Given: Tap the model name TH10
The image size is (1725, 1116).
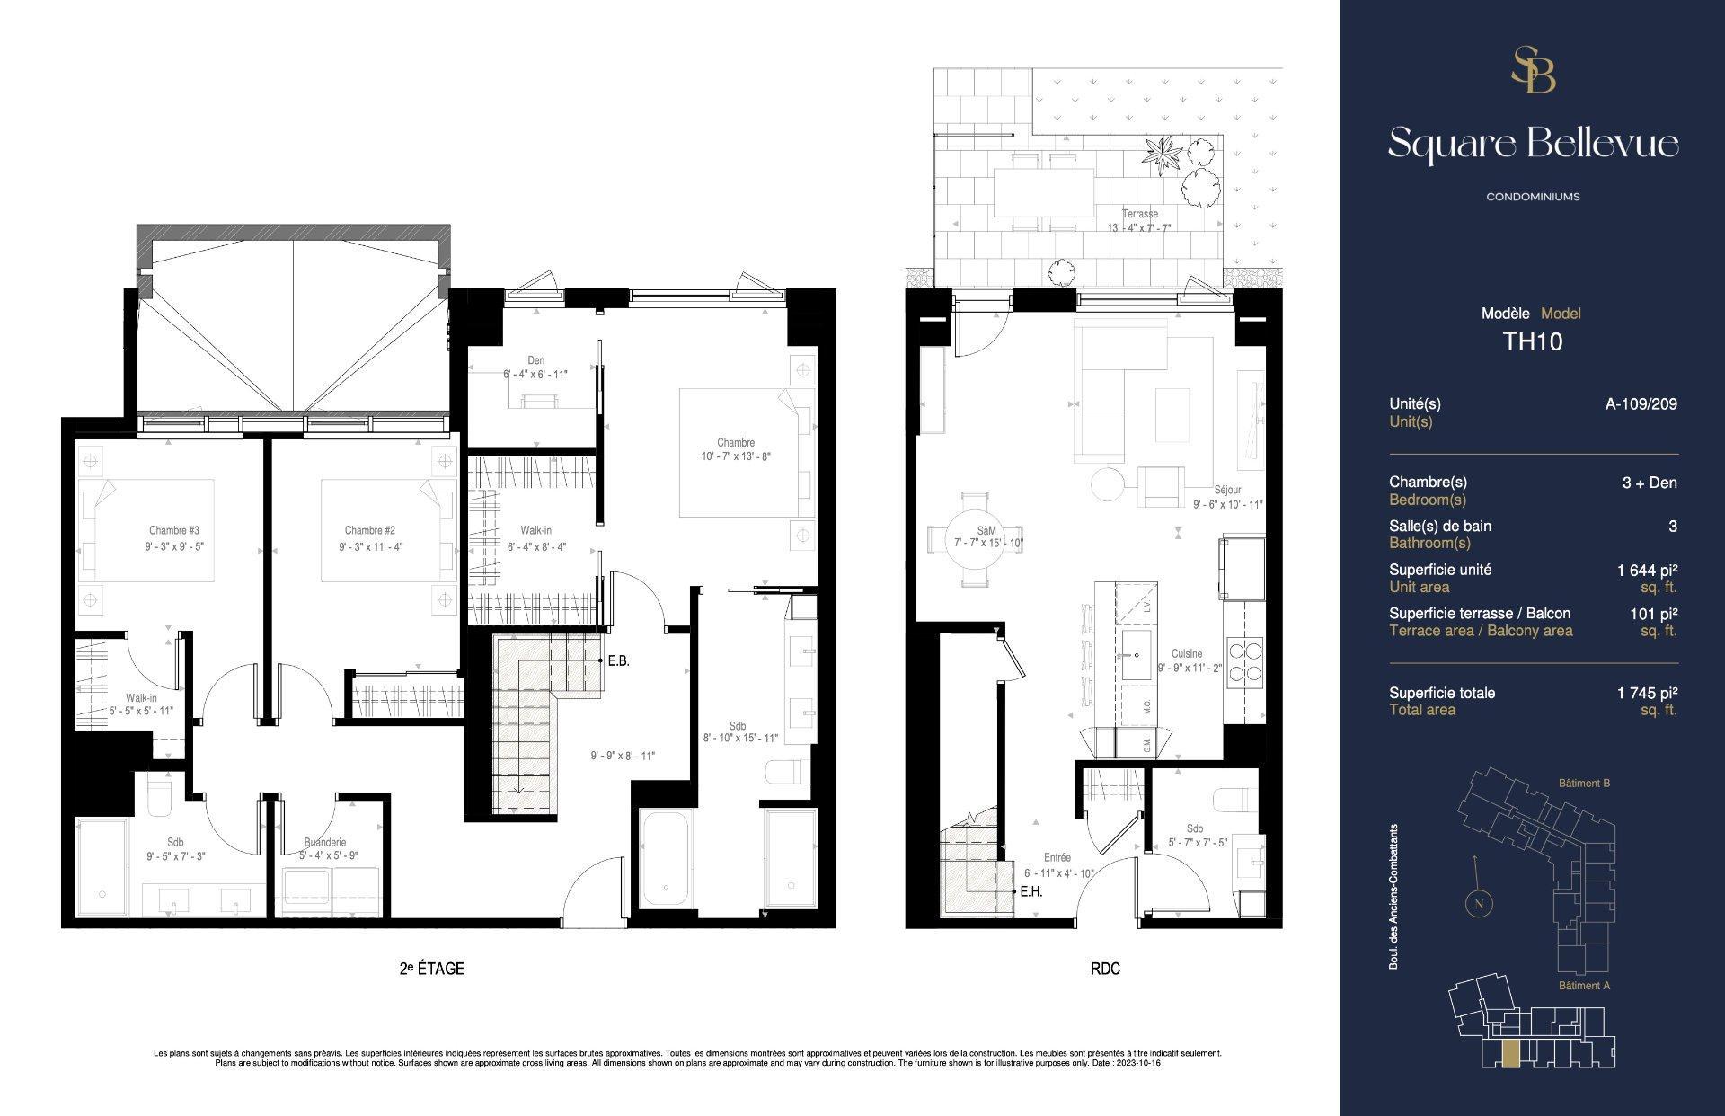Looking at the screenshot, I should [x=1533, y=341].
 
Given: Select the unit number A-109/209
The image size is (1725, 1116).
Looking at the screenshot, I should [x=1641, y=404].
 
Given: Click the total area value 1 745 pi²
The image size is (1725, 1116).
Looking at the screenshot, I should [x=1647, y=693].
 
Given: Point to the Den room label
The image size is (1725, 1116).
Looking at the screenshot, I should [x=535, y=360].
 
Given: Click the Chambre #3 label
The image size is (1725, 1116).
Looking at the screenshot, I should [x=174, y=530].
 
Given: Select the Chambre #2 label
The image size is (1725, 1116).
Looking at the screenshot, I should [x=370, y=530].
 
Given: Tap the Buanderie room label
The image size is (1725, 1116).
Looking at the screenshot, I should [x=324, y=842].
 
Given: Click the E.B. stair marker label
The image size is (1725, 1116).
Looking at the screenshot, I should [x=618, y=661].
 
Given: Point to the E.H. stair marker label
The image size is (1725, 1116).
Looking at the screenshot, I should [x=1031, y=892].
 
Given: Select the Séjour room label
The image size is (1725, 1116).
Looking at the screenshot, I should [x=1227, y=490].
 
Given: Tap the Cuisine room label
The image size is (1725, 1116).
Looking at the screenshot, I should [x=1186, y=653].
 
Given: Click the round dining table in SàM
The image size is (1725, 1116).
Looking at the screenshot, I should [x=976, y=541].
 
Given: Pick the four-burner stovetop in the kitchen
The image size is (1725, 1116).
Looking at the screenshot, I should [x=1244, y=660].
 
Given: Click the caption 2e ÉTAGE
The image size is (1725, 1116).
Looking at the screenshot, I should [x=431, y=969].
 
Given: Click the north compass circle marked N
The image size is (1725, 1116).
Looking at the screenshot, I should [x=1479, y=904].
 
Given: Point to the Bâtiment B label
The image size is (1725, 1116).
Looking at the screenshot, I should [x=1584, y=783].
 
